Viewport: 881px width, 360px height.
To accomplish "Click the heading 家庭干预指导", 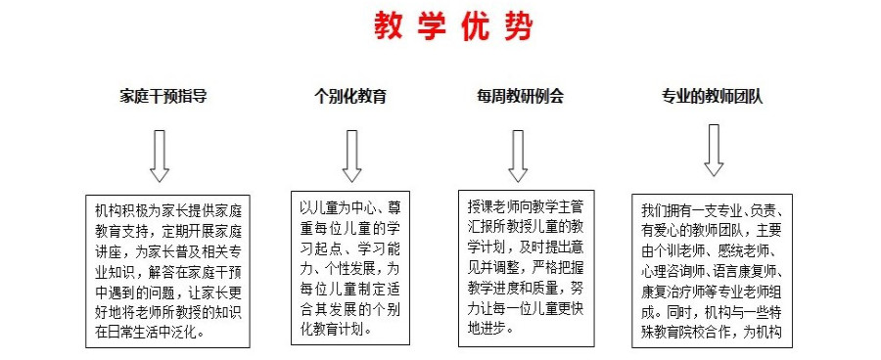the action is click(x=163, y=97).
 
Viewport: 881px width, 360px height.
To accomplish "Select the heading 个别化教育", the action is click(x=349, y=97).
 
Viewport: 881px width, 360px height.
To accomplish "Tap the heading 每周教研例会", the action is click(x=520, y=97).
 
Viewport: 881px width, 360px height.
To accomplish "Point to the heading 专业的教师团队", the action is click(x=713, y=97).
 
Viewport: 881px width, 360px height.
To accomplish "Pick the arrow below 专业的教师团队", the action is click(x=713, y=149).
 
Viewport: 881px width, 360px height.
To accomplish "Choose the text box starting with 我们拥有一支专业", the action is click(x=712, y=269).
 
